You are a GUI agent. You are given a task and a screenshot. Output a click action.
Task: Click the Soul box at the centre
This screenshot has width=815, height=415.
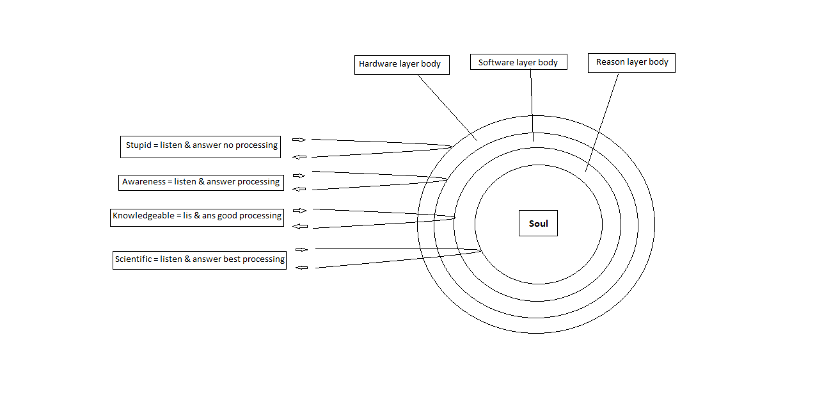[538, 224]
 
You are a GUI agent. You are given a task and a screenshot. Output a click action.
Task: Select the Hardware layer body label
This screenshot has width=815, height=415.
[402, 65]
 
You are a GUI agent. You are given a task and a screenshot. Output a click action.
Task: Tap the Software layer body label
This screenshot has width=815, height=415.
[518, 62]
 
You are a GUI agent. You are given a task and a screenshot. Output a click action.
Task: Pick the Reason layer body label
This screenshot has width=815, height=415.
[631, 63]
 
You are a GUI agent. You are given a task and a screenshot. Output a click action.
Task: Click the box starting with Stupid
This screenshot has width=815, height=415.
[201, 146]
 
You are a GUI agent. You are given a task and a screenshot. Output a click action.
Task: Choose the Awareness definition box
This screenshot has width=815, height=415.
[201, 182]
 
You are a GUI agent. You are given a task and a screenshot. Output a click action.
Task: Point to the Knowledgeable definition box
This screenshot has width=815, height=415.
[197, 216]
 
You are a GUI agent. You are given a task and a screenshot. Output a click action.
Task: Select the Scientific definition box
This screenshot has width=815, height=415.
[200, 259]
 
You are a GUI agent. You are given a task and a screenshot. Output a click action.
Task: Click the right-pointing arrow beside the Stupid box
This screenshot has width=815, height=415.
[299, 140]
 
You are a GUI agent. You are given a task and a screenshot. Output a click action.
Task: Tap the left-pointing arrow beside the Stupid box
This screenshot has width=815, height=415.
[299, 157]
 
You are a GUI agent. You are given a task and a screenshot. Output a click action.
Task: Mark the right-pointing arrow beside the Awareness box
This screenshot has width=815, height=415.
[299, 175]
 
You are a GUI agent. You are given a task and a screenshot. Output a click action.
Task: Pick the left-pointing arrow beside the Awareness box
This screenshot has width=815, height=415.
[299, 189]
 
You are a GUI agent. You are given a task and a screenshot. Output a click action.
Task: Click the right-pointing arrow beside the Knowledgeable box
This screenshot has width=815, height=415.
[299, 211]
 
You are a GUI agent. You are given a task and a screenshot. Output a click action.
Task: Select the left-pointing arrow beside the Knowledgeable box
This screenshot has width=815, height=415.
[299, 226]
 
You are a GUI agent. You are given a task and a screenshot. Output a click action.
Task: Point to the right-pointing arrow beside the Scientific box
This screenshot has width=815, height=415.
[301, 250]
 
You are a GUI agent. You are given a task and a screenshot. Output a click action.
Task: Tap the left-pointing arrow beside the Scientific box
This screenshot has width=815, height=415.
[301, 268]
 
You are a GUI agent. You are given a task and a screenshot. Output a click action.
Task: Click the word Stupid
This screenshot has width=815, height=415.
[139, 145]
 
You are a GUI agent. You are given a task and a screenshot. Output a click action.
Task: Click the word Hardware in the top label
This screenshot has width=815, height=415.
[378, 64]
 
